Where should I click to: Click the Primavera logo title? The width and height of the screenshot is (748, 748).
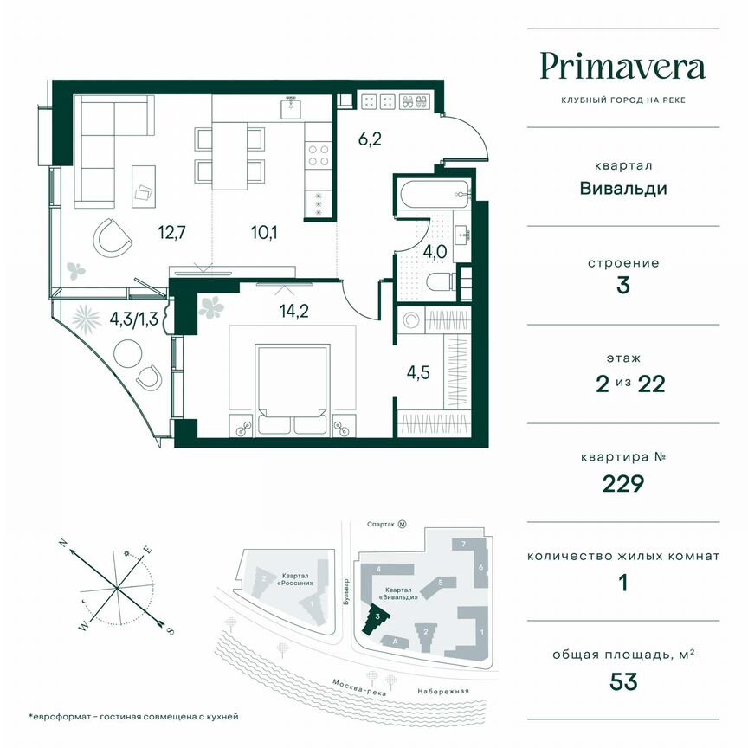(622, 67)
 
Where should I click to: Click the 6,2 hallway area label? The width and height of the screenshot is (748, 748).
(369, 136)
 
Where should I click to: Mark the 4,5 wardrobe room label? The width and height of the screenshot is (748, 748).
(419, 375)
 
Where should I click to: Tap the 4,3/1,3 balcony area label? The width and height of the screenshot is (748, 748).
(134, 319)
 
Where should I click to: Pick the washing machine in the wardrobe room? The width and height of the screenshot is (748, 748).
(413, 320)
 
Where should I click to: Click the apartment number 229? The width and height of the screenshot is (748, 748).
(623, 483)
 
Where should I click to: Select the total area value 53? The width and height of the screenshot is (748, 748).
(623, 681)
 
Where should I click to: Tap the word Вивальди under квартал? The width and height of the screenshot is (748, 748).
(623, 188)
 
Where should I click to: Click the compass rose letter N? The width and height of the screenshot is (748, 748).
(63, 543)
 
